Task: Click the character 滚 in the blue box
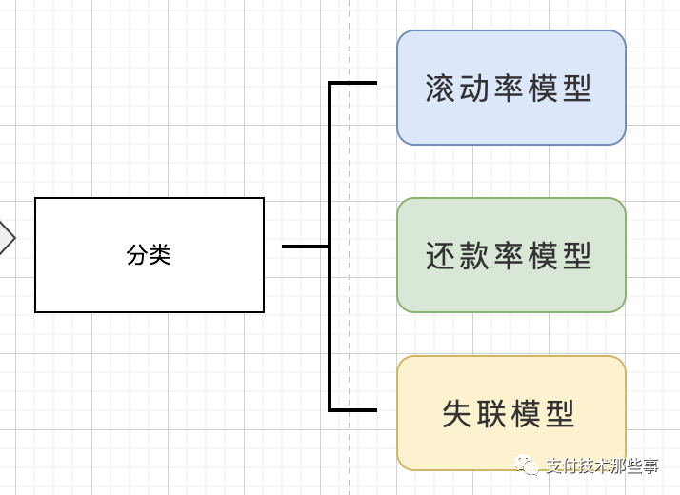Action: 439,89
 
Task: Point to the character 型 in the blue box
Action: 575,89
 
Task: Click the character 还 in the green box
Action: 439,255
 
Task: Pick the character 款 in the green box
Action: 473,255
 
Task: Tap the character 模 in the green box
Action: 541,255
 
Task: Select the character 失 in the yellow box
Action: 458,414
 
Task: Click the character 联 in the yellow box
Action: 493,414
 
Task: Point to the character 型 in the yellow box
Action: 560,414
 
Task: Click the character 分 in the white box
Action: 137,255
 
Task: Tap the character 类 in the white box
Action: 159,255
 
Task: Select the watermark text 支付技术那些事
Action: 602,465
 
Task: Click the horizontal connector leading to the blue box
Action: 354,83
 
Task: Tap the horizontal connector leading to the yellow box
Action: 354,410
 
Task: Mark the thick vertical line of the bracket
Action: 330,171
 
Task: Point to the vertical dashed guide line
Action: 350,314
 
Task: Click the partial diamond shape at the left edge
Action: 6,238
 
